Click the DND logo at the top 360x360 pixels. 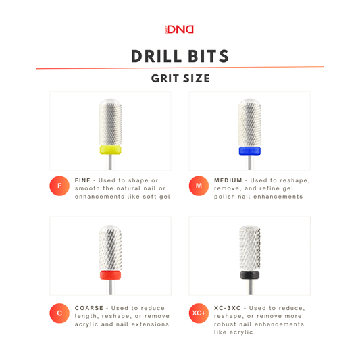tap(180, 29)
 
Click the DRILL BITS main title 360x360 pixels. tap(180, 56)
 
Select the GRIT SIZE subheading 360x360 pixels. tap(180, 78)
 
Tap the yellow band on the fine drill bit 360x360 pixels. tap(110, 149)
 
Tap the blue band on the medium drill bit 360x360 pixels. tap(249, 150)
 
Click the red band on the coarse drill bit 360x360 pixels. tap(110, 275)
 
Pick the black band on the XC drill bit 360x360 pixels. tap(249, 274)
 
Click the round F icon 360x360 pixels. tap(59, 186)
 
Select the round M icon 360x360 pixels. tap(199, 186)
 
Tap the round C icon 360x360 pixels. tap(59, 313)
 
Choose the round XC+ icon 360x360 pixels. tap(199, 313)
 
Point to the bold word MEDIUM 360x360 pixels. tap(228, 180)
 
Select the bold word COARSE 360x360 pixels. tap(89, 308)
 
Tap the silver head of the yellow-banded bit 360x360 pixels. tap(110, 122)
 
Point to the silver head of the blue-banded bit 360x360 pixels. tap(249, 122)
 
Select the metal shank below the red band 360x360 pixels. tap(110, 286)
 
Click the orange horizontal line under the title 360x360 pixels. tap(180, 68)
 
